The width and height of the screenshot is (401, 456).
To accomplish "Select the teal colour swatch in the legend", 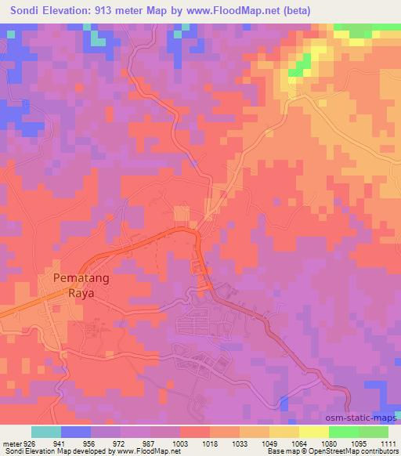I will (46, 432).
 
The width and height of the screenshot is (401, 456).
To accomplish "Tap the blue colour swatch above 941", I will (76, 432).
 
